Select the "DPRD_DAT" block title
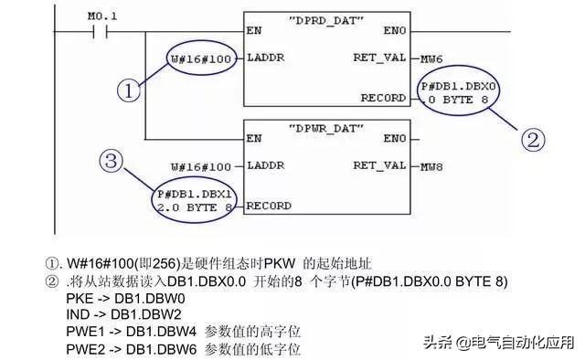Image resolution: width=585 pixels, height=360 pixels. click(327, 19)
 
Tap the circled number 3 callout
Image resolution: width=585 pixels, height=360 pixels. click(112, 162)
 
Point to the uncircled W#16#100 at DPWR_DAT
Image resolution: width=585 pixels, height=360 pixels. click(200, 166)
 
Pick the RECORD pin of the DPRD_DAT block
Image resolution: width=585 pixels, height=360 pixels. click(382, 97)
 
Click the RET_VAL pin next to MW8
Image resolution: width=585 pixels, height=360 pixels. click(378, 166)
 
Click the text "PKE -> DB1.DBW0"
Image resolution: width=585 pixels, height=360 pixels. click(125, 299)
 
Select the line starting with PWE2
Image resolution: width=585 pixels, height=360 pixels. click(183, 351)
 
